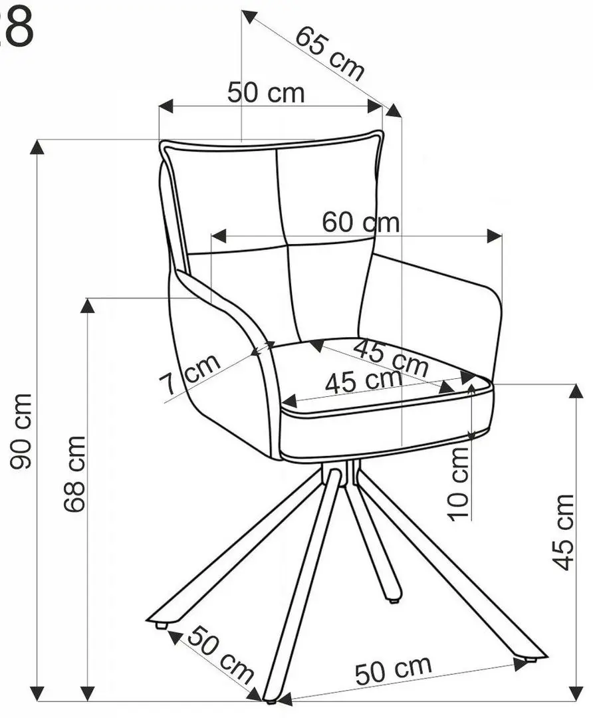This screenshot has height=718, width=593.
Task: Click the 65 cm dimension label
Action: click(330, 54)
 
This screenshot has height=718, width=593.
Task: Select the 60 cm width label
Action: click(360, 222)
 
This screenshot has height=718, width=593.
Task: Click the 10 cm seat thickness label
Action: click(460, 483)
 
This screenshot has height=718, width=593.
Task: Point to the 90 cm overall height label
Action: click(21, 431)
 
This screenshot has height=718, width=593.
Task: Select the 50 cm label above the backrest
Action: click(266, 92)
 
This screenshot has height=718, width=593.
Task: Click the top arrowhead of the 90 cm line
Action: click(37, 147)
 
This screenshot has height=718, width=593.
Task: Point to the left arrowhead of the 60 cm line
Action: click(219, 236)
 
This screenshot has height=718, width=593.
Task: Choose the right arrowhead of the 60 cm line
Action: click(495, 236)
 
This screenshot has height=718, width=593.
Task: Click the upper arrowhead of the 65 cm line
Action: click(249, 17)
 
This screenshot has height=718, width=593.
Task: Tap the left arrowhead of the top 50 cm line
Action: click(167, 106)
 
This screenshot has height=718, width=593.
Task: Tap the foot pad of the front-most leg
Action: click(271, 701)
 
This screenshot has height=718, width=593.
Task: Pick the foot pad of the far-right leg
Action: click(531, 659)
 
